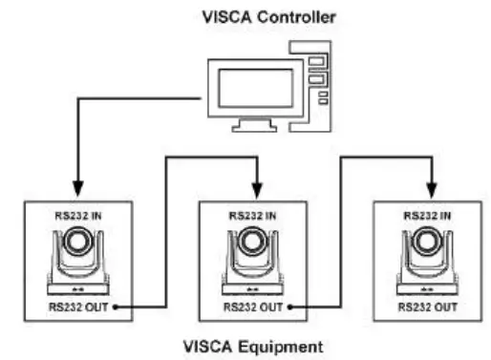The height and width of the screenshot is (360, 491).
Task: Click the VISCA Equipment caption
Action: [x=252, y=343]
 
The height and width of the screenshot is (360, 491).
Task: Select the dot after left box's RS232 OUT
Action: [x=116, y=307]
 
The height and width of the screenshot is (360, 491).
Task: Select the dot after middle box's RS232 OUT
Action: [x=288, y=307]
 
